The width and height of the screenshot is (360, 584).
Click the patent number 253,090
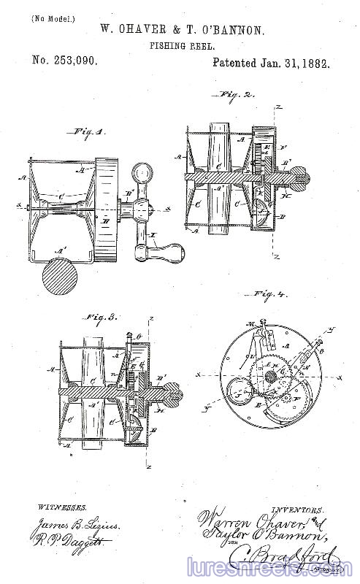click(x=65, y=62)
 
